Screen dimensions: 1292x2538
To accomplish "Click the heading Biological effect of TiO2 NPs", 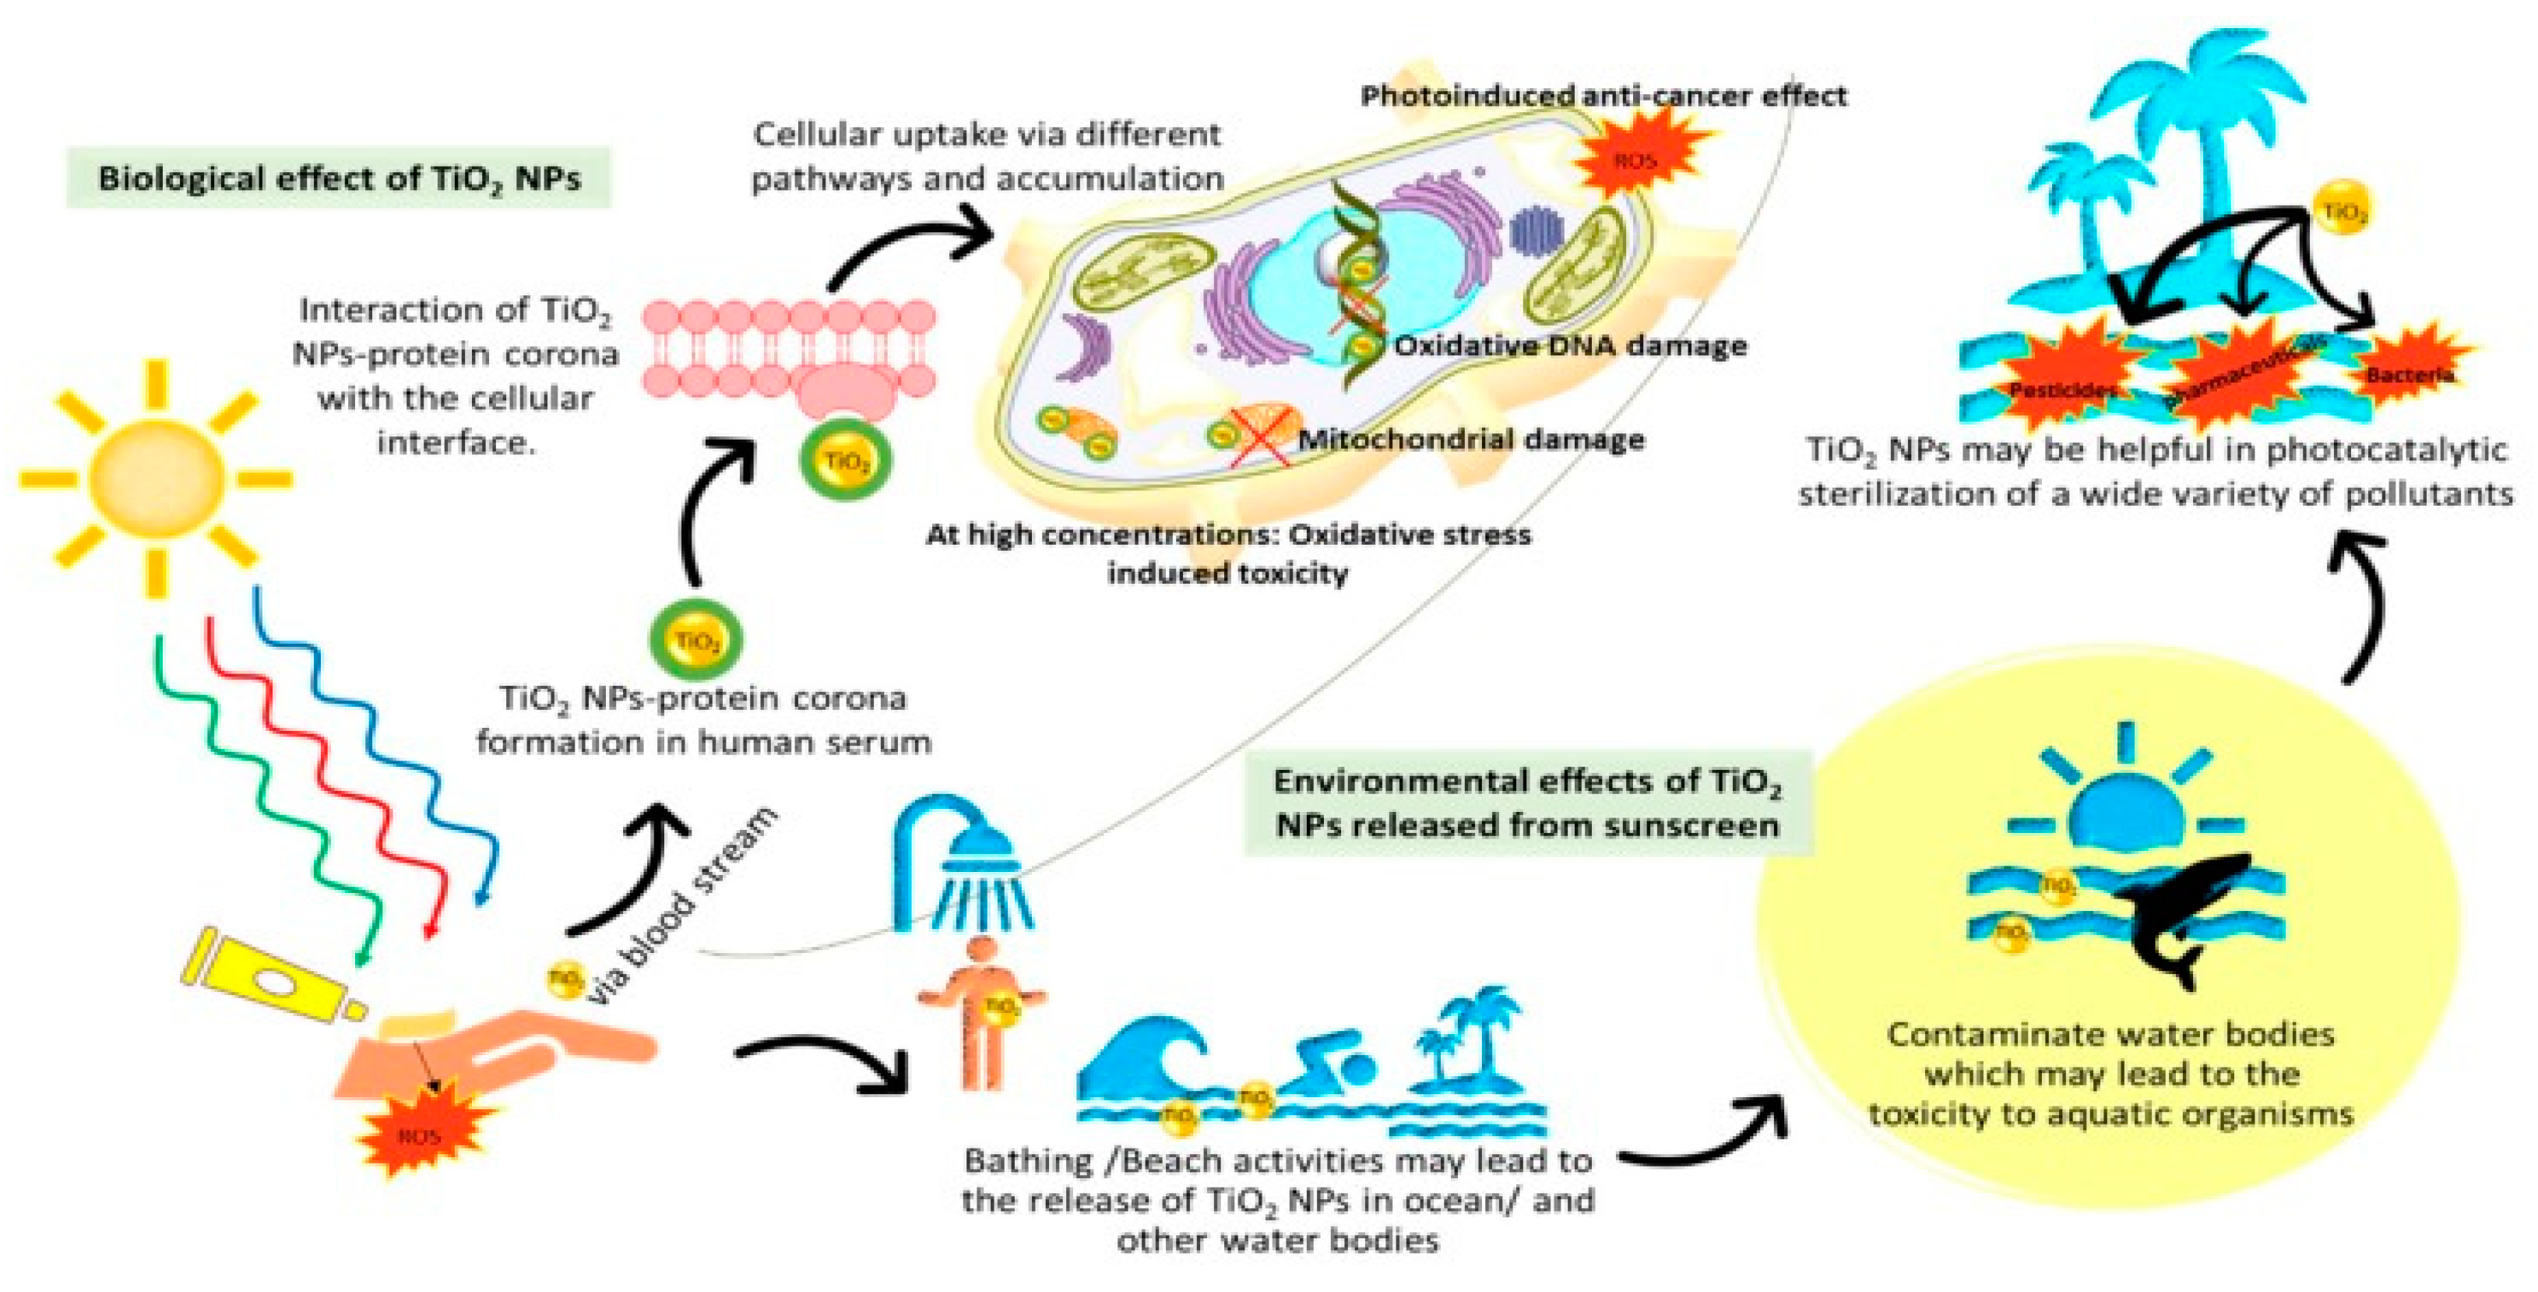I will (339, 178).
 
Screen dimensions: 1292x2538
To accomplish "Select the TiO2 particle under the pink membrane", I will (844, 461).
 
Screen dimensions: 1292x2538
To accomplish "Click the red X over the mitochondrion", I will (1261, 439).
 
